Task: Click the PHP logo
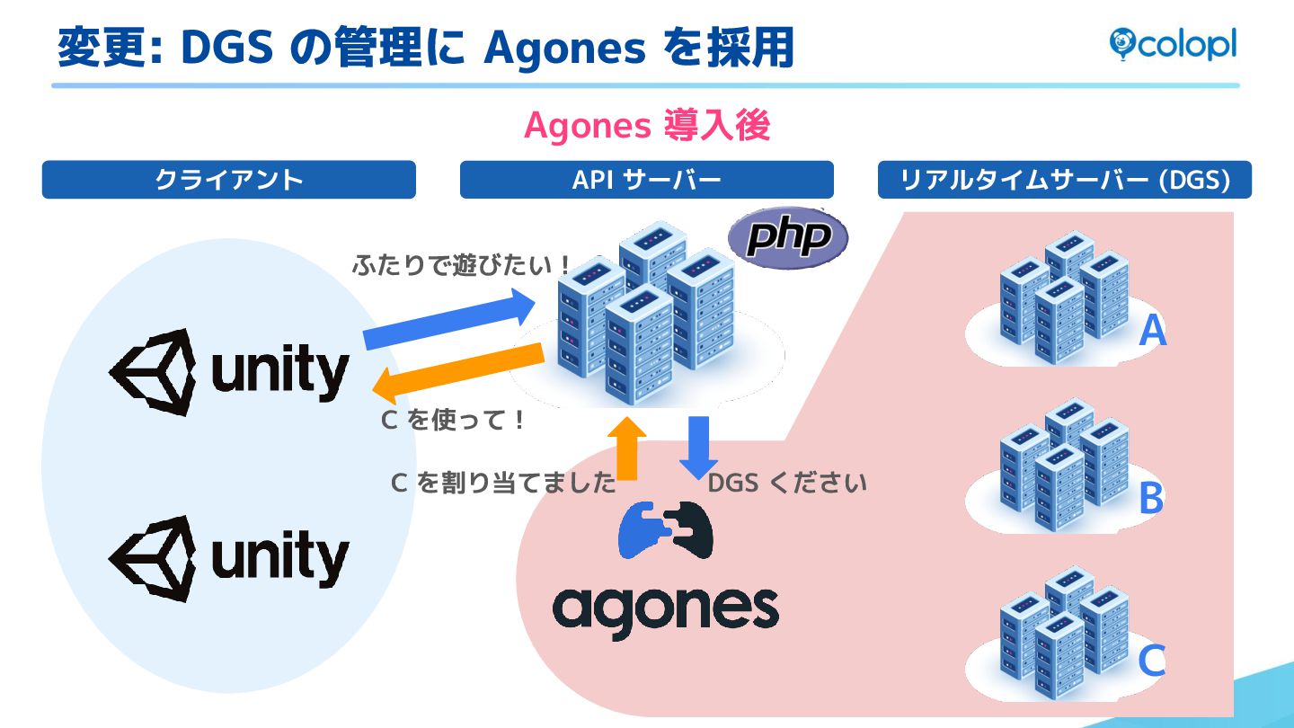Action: pyautogui.click(x=787, y=238)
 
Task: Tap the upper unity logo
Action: pyautogui.click(x=229, y=371)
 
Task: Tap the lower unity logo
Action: pyautogui.click(x=229, y=558)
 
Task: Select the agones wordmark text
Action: pyautogui.click(x=665, y=610)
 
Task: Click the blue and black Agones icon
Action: pyautogui.click(x=665, y=530)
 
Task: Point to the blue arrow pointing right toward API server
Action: pyautogui.click(x=449, y=319)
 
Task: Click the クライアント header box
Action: pyautogui.click(x=229, y=180)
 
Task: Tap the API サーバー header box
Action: pyautogui.click(x=646, y=180)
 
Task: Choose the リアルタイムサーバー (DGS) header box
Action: pyautogui.click(x=1064, y=180)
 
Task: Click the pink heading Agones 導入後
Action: pyautogui.click(x=647, y=127)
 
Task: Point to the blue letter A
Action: pyautogui.click(x=1152, y=332)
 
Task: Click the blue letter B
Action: pyautogui.click(x=1151, y=499)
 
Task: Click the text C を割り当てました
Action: pyautogui.click(x=503, y=484)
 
